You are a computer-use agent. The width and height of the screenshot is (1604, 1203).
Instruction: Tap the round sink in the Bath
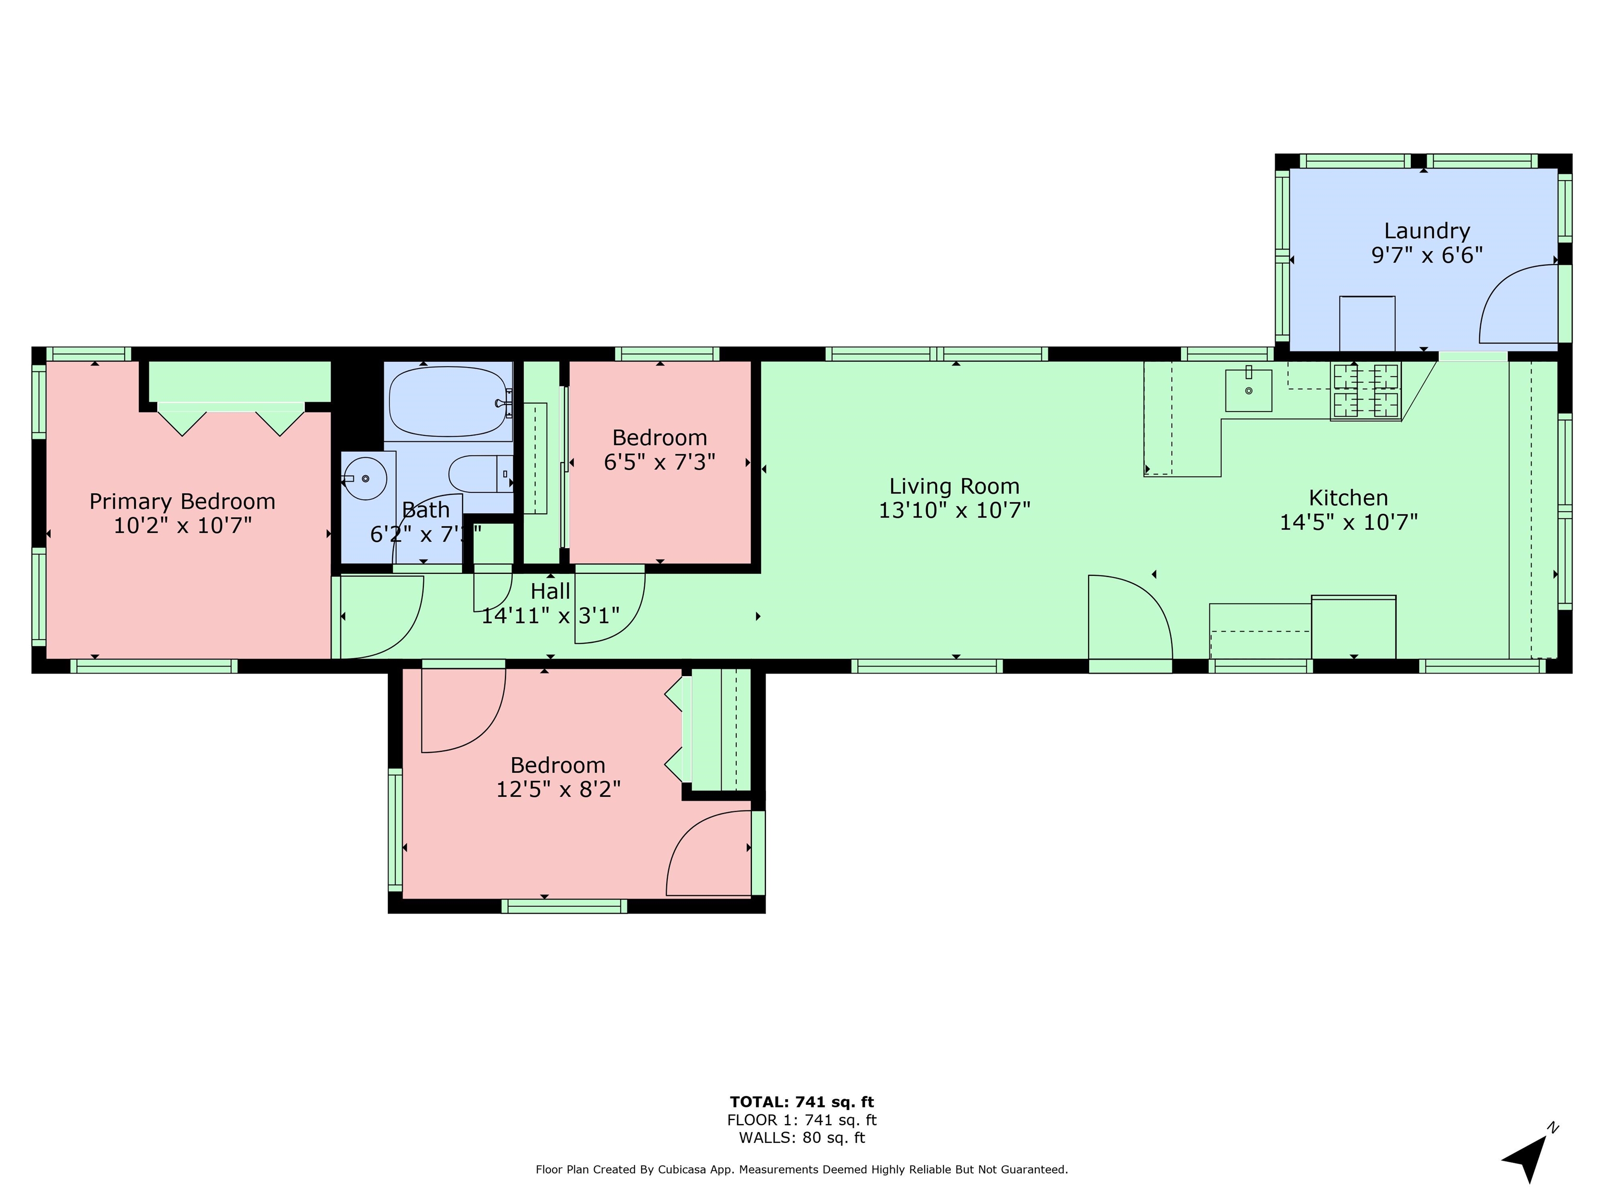365,479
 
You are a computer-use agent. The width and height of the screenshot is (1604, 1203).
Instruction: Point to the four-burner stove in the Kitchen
1365,390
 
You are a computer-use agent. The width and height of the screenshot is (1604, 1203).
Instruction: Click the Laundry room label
1426,231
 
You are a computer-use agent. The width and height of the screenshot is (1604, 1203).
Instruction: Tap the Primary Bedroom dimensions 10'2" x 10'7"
183,525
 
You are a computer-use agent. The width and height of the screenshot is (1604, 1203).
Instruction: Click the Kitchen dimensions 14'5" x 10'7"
1348,522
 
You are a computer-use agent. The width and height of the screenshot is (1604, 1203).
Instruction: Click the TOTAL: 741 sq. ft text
802,1102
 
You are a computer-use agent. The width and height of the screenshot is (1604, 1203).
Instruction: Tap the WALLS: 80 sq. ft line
802,1138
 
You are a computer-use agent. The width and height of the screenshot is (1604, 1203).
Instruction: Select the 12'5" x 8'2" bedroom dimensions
558,789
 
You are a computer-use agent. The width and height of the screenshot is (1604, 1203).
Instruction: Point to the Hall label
550,591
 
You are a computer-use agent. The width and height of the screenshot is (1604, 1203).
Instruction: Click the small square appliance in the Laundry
1367,323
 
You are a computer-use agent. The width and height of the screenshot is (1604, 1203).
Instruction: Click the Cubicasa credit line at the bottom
802,1170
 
